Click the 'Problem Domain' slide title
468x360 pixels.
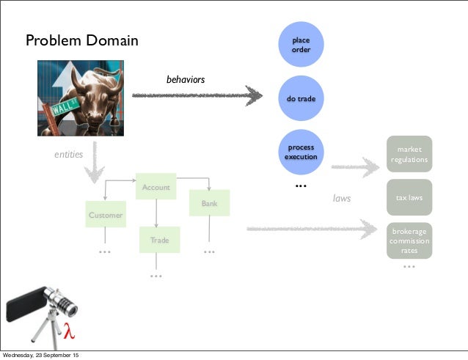[82, 40]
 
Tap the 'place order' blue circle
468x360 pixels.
[301, 45]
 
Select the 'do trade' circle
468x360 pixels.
[301, 98]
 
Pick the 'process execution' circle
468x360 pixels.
[301, 152]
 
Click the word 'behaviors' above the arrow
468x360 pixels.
[186, 79]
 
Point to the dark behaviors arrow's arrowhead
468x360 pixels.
[254, 95]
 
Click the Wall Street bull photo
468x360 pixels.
[81, 98]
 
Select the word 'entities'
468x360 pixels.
[69, 155]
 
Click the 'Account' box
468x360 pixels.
[156, 187]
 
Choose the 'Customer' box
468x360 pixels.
[106, 215]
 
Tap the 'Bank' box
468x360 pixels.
[209, 203]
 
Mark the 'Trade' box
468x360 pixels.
[159, 240]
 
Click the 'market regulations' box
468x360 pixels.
[409, 154]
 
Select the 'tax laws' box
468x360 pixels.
[409, 197]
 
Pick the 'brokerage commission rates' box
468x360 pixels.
[409, 240]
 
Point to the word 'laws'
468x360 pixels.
[342, 198]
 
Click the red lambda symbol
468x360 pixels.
[70, 331]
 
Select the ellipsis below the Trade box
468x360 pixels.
[156, 276]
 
